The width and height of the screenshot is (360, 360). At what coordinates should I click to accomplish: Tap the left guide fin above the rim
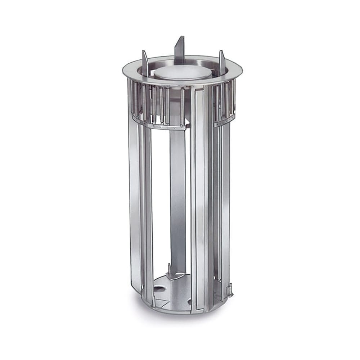[145, 63]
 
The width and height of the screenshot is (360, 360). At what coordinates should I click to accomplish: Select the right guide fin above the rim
[222, 63]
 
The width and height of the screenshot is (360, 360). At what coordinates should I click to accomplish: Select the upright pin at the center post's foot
[170, 270]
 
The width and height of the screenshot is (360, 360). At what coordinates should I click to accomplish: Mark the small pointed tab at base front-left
[154, 301]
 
